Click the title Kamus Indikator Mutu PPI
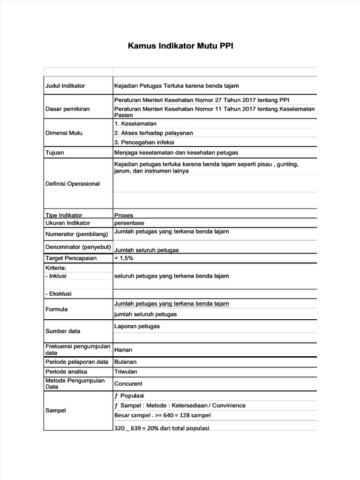(180, 47)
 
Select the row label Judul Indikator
(65, 86)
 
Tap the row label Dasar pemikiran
(67, 109)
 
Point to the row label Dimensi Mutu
(64, 133)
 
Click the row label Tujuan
(55, 152)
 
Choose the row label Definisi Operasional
(73, 184)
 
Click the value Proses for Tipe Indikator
(124, 215)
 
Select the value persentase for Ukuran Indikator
(129, 223)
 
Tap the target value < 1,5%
(124, 258)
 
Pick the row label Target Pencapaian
(71, 258)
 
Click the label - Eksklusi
(59, 294)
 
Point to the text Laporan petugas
(137, 326)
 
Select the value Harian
(123, 350)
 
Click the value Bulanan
(126, 362)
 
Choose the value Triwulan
(126, 372)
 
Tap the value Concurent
(128, 383)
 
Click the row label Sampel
(56, 410)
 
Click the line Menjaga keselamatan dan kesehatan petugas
(176, 152)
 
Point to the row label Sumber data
(63, 331)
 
